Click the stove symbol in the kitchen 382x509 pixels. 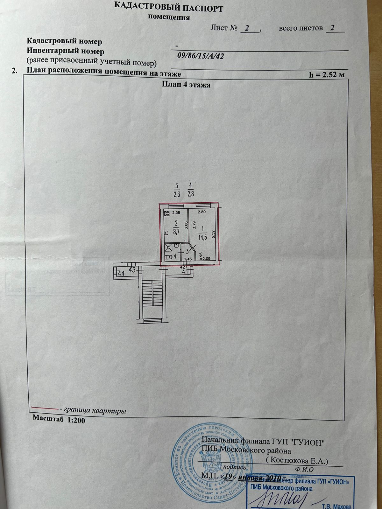pyautogui.click(x=166, y=213)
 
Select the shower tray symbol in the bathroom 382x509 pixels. pyautogui.click(x=168, y=247)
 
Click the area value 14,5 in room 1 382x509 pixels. pyautogui.click(x=202, y=234)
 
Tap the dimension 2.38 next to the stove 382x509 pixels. pyautogui.click(x=176, y=213)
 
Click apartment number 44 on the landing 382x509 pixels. pyautogui.click(x=121, y=273)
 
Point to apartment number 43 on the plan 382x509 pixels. pyautogui.click(x=132, y=270)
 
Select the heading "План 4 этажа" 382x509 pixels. pyautogui.click(x=186, y=85)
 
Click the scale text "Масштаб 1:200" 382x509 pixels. pyautogui.click(x=59, y=420)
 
